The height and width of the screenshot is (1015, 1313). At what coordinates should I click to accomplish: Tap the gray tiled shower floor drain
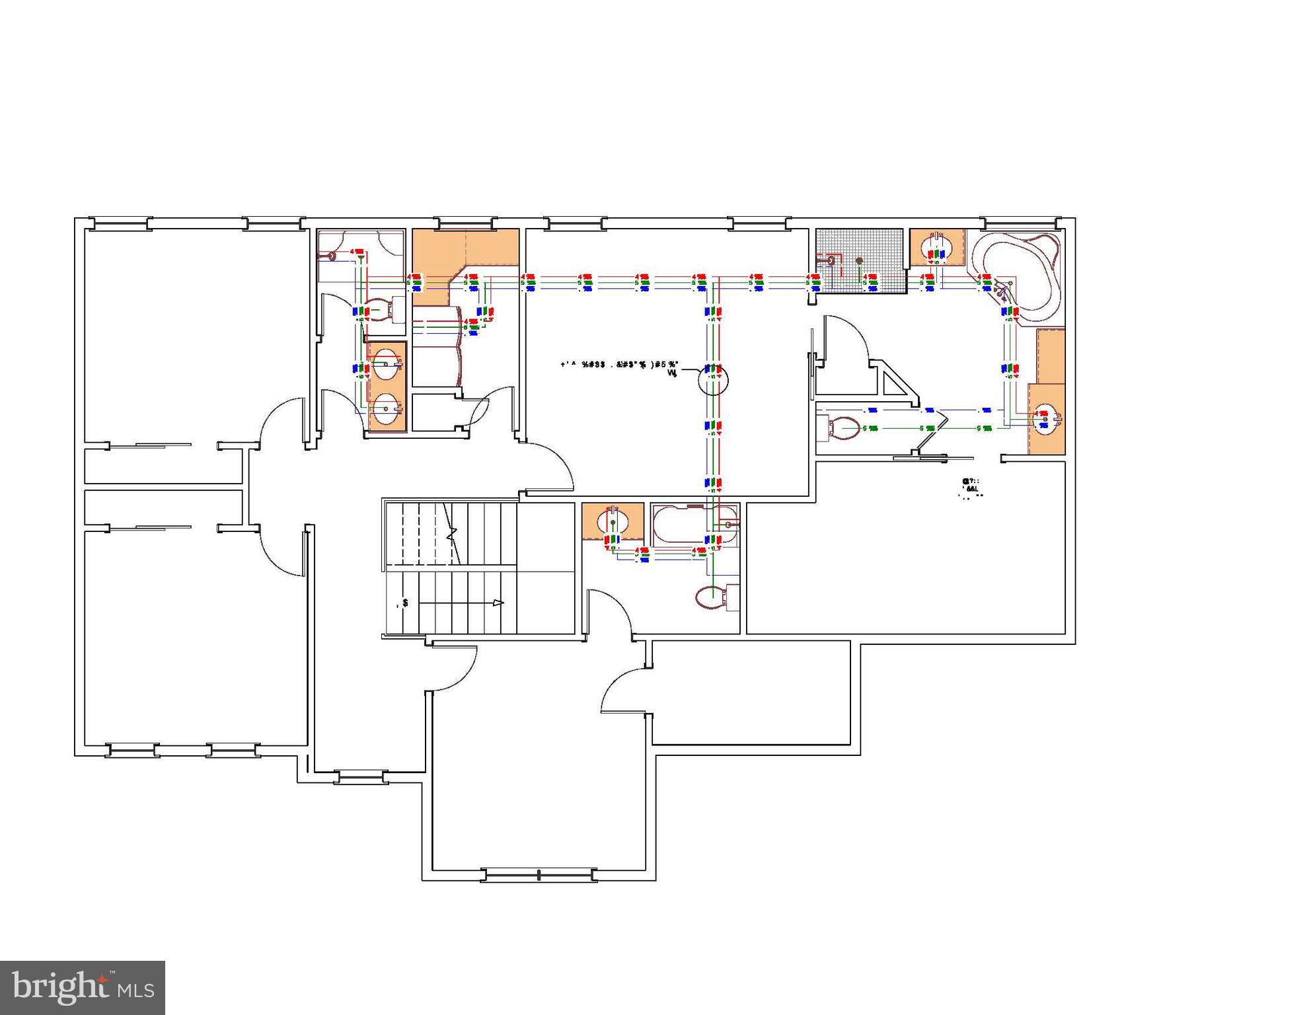[859, 261]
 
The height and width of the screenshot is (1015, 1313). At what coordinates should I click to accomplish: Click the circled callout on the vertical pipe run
[713, 381]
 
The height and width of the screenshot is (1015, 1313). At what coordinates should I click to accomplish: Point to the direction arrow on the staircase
[498, 603]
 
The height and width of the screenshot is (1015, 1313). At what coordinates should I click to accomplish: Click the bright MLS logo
[83, 988]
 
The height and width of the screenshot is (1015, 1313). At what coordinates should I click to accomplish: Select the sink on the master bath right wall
[1046, 418]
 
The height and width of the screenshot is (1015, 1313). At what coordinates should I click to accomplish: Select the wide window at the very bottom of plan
[539, 876]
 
